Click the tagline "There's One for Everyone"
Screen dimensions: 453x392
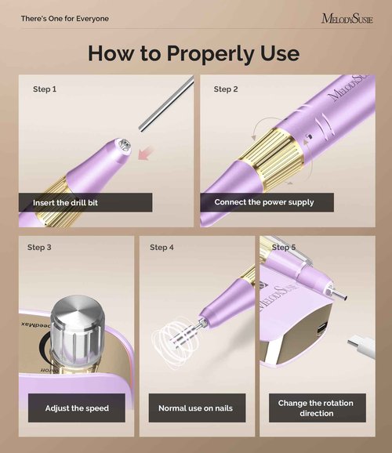[x=65, y=18]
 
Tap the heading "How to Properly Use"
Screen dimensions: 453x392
[x=194, y=53]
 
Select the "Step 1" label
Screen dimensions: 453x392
[x=45, y=89]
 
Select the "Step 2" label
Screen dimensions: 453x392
[x=226, y=89]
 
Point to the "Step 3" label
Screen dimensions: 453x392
[x=39, y=248]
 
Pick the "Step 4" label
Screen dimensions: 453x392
[x=162, y=248]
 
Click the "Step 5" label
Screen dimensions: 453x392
[x=284, y=248]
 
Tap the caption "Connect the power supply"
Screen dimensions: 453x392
[x=264, y=202]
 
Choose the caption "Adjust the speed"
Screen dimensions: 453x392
[x=76, y=408]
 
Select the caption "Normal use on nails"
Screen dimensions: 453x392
[x=195, y=408]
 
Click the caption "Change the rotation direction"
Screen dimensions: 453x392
[x=316, y=408]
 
